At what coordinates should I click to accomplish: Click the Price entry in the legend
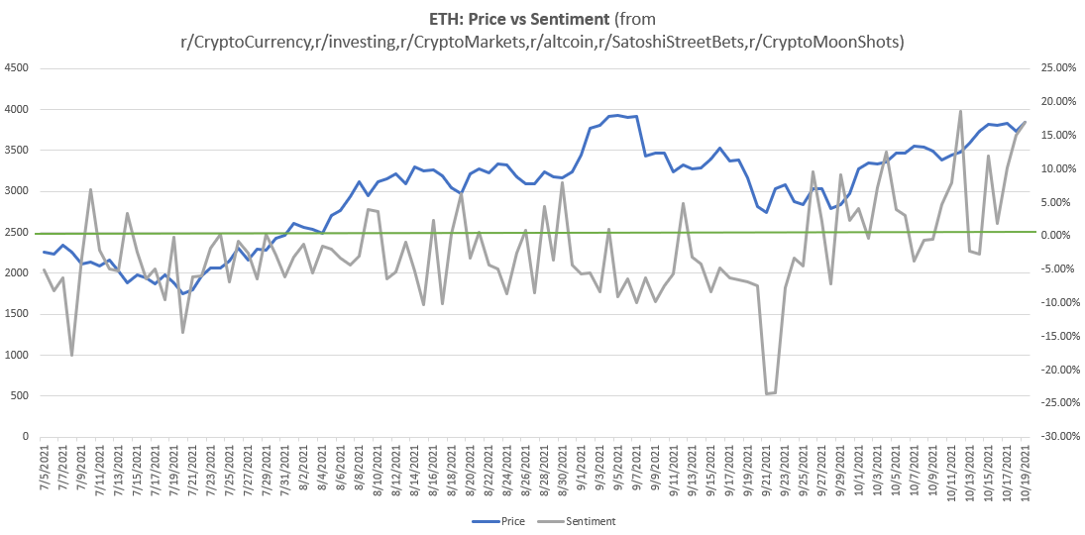point(505,520)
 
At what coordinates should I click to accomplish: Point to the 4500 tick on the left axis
point(17,68)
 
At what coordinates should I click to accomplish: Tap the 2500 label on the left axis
point(17,232)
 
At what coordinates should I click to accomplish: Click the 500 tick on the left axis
point(20,395)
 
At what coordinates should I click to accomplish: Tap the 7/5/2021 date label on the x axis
point(45,472)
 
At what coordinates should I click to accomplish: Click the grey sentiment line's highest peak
point(960,111)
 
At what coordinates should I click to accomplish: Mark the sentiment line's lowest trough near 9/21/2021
point(767,394)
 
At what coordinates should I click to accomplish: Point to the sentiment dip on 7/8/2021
point(71,355)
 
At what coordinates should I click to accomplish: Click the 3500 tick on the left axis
point(17,151)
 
